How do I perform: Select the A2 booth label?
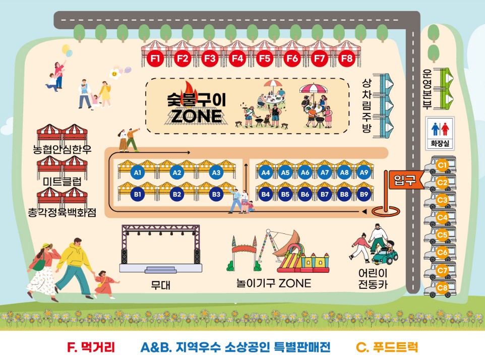point(176,173)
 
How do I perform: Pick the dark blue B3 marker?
point(216,194)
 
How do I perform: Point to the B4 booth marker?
point(266,194)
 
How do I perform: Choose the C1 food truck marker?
point(443,164)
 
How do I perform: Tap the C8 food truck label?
point(443,288)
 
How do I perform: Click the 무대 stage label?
point(161,285)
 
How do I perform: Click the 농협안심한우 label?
point(62,150)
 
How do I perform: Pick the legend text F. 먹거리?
point(91,347)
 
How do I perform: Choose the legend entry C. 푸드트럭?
point(387,347)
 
